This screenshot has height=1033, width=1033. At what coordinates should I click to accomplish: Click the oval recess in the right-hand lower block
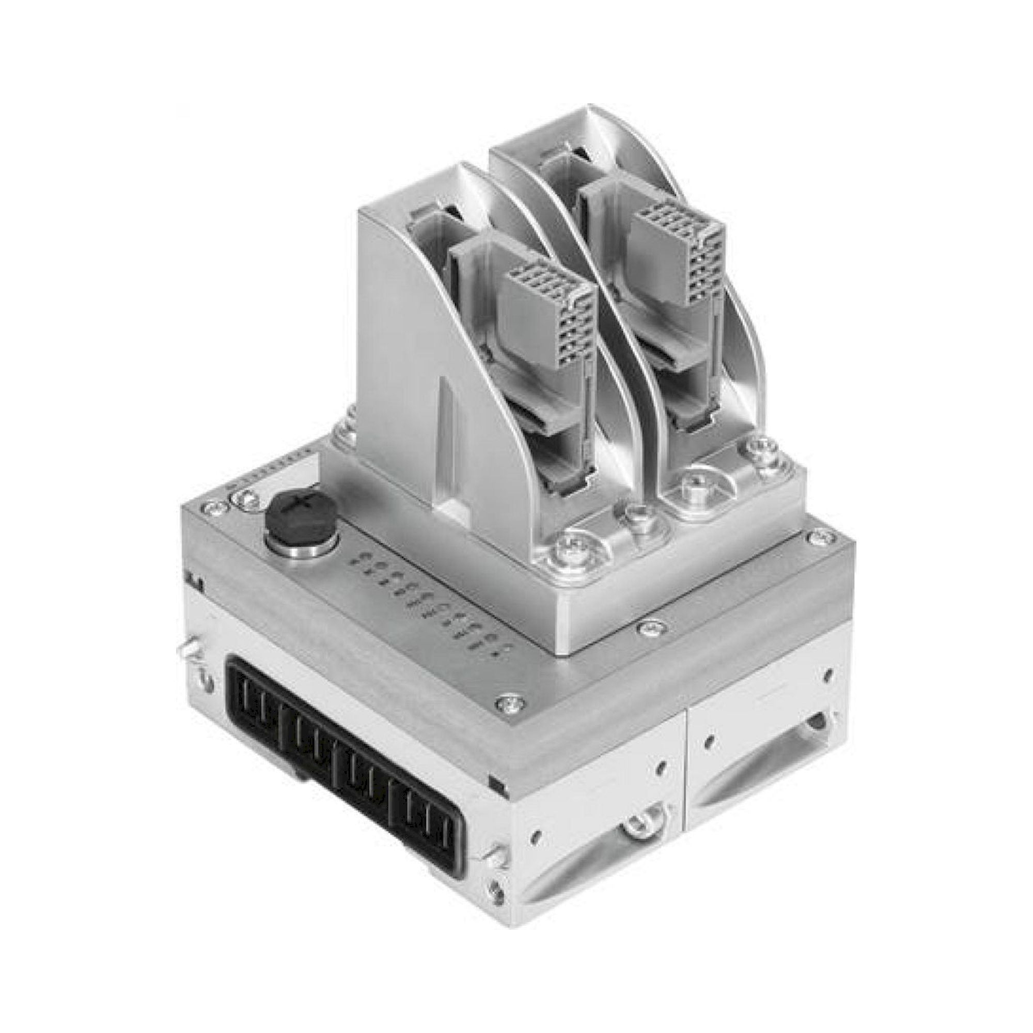click(x=759, y=770)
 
